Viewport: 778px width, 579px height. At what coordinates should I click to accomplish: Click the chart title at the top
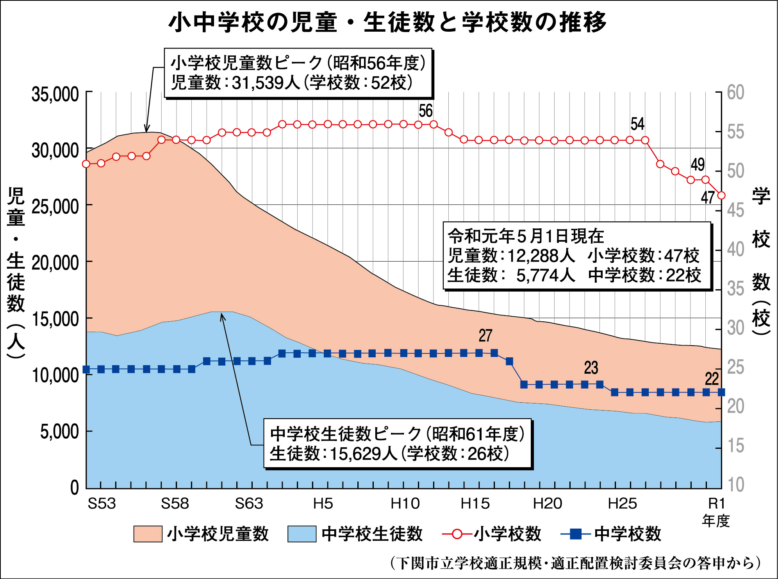click(387, 22)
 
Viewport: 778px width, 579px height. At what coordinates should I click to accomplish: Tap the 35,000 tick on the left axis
click(55, 95)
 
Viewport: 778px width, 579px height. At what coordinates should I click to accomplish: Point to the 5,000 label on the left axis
click(59, 432)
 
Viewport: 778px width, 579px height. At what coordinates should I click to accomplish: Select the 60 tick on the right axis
click(735, 93)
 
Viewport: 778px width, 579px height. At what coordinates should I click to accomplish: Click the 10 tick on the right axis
click(735, 484)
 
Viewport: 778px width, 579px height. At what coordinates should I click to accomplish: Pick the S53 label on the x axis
click(102, 504)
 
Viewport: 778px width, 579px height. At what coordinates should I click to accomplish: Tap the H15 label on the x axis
click(475, 504)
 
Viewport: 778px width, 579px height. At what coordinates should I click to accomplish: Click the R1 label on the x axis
click(717, 504)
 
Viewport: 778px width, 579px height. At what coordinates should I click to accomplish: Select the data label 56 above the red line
click(426, 111)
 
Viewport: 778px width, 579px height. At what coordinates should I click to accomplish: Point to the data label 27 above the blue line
click(485, 336)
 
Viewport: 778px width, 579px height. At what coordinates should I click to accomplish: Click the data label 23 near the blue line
click(591, 368)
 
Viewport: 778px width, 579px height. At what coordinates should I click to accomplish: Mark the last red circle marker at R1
click(721, 195)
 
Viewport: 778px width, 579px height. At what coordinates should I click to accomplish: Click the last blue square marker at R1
click(721, 392)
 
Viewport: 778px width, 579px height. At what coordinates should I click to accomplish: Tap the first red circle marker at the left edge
click(86, 164)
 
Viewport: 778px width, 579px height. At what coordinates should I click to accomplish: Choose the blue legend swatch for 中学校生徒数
click(302, 534)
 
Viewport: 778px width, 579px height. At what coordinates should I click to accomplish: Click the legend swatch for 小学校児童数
click(148, 534)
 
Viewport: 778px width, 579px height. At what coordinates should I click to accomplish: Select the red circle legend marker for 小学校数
click(457, 534)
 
